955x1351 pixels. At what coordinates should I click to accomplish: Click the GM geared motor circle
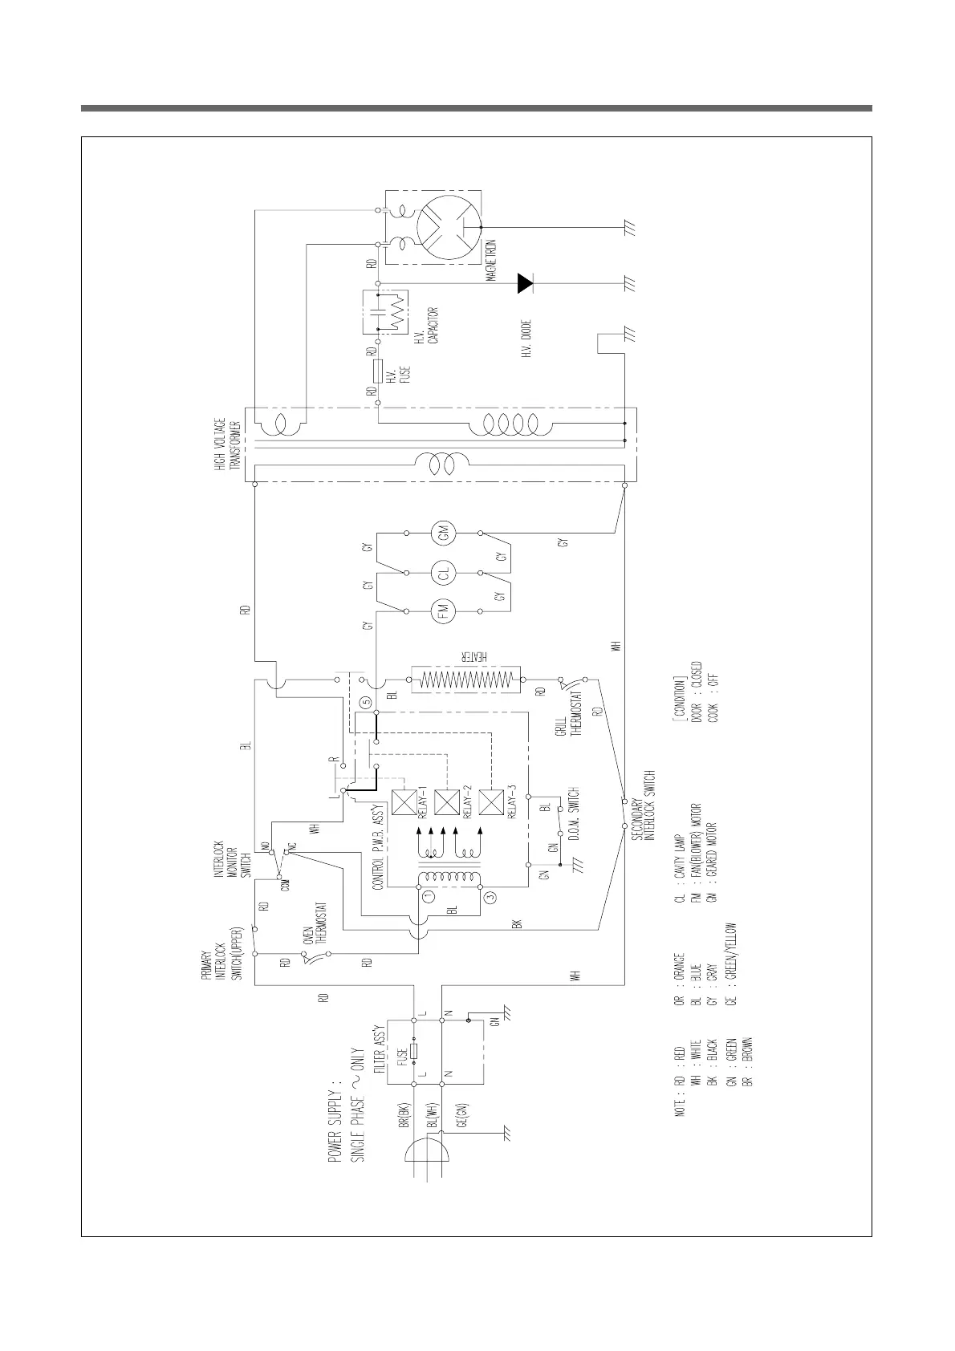[x=443, y=533]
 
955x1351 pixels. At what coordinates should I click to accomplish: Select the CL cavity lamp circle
[x=443, y=573]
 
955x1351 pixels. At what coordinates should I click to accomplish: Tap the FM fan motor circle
[x=443, y=612]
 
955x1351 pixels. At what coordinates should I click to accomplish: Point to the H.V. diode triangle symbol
[x=526, y=282]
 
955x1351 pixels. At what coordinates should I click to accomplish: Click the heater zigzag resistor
[x=465, y=680]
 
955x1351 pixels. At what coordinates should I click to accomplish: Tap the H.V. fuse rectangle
[x=377, y=371]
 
